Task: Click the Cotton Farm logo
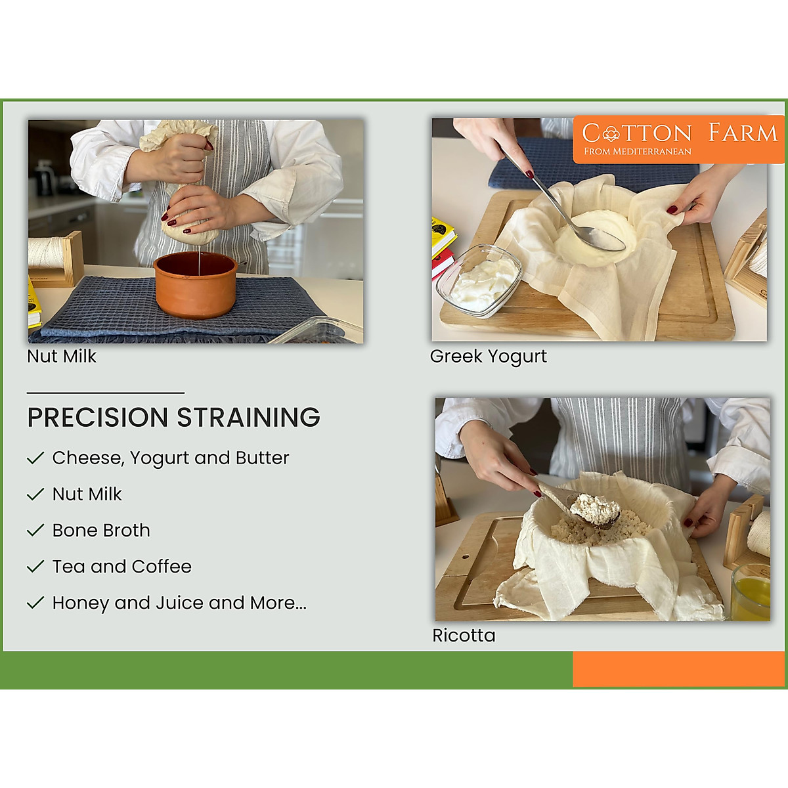[x=679, y=139]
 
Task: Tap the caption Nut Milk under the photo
[x=62, y=357]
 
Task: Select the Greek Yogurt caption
[x=488, y=357]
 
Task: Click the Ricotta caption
[x=464, y=636]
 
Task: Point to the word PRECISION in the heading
[x=98, y=418]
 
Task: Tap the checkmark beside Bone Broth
[x=35, y=531]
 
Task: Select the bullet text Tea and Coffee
[x=122, y=567]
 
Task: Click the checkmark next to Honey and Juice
[x=35, y=603]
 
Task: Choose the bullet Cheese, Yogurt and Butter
[x=171, y=458]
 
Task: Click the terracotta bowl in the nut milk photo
[x=196, y=284]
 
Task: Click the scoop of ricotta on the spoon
[x=595, y=509]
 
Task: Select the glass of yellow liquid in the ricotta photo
[x=751, y=592]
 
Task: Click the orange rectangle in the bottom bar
[x=679, y=669]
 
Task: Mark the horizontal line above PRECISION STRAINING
[x=105, y=393]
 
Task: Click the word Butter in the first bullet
[x=263, y=458]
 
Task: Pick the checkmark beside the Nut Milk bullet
[x=35, y=494]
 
